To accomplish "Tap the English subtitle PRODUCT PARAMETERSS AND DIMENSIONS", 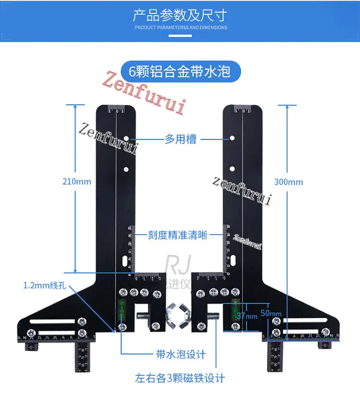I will tap(180, 28).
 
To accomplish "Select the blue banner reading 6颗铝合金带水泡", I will tap(180, 71).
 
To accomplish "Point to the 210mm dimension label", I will tap(76, 182).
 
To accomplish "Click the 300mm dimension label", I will tap(288, 182).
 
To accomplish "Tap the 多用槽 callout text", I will tap(180, 139).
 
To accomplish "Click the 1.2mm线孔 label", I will tap(45, 286).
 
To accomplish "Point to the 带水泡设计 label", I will tap(181, 354).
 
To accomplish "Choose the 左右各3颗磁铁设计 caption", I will tap(180, 378).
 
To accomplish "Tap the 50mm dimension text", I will tap(272, 314).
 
